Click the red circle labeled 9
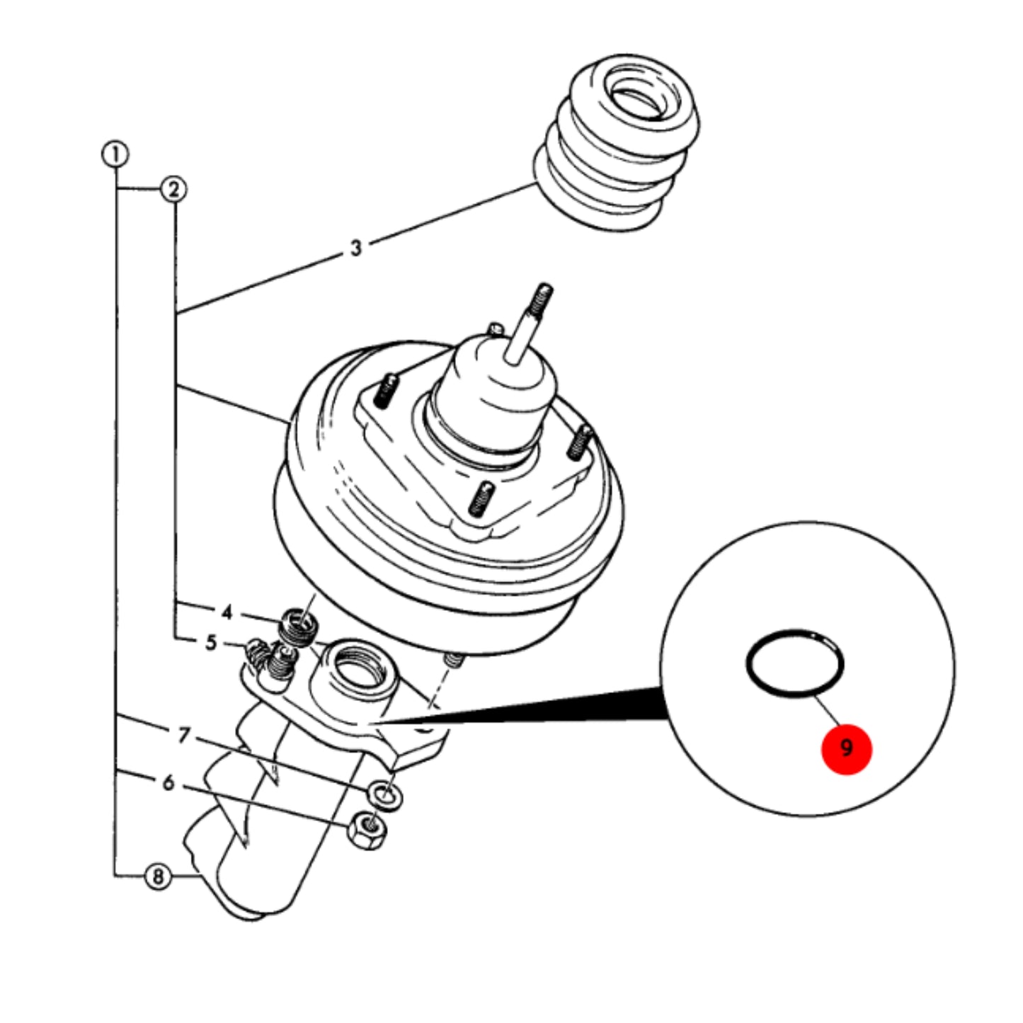(x=846, y=749)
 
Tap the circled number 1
(x=115, y=154)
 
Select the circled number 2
(x=173, y=190)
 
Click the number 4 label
(x=227, y=612)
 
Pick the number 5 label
(x=211, y=643)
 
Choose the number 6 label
(x=168, y=782)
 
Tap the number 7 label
(x=183, y=736)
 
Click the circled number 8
(x=158, y=876)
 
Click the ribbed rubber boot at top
(x=616, y=142)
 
